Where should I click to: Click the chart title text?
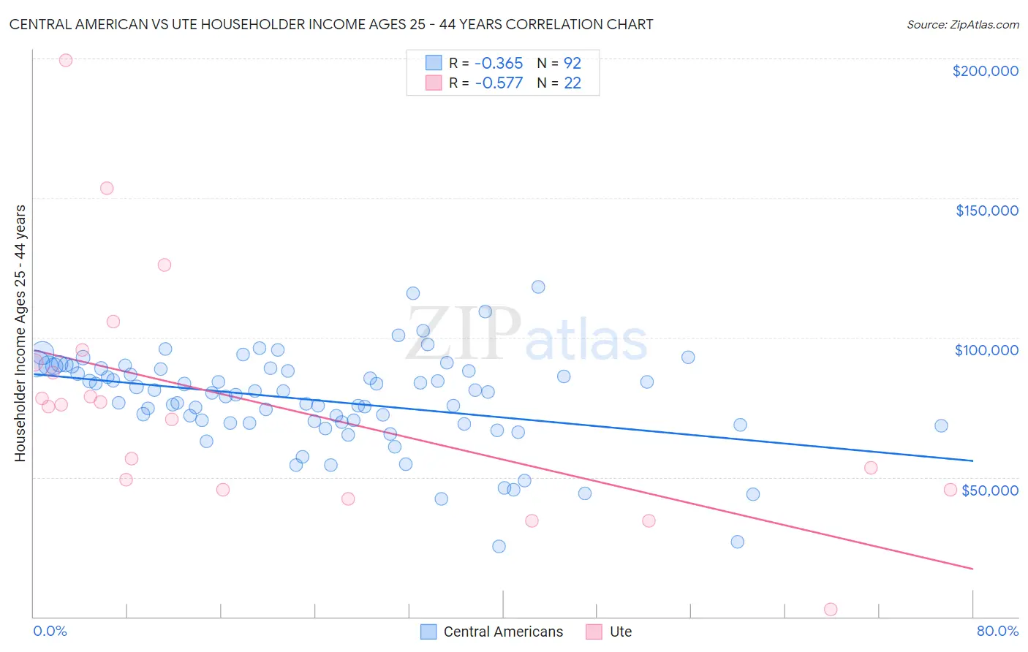pyautogui.click(x=331, y=24)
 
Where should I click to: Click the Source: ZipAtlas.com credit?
pyautogui.click(x=962, y=24)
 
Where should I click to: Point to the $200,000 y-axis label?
pyautogui.click(x=985, y=71)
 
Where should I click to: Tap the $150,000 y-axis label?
pyautogui.click(x=986, y=211)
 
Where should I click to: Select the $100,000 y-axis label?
pyautogui.click(x=986, y=350)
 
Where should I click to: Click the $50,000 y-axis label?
pyautogui.click(x=989, y=490)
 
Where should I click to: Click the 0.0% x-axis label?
pyautogui.click(x=50, y=631)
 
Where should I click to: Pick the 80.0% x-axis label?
pyautogui.click(x=997, y=631)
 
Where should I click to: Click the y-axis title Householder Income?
pyautogui.click(x=20, y=333)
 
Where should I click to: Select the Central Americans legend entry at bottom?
pyautogui.click(x=492, y=632)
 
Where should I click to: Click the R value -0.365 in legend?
pyautogui.click(x=499, y=63)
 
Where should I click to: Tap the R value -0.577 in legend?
pyautogui.click(x=499, y=83)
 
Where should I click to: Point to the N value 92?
pyautogui.click(x=572, y=63)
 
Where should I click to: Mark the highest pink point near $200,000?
pyautogui.click(x=65, y=60)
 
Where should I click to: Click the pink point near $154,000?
pyautogui.click(x=107, y=188)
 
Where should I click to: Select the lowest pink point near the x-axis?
pyautogui.click(x=830, y=609)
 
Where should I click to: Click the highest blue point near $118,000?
pyautogui.click(x=538, y=287)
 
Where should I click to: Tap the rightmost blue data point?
pyautogui.click(x=941, y=425)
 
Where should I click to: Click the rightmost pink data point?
pyautogui.click(x=950, y=490)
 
